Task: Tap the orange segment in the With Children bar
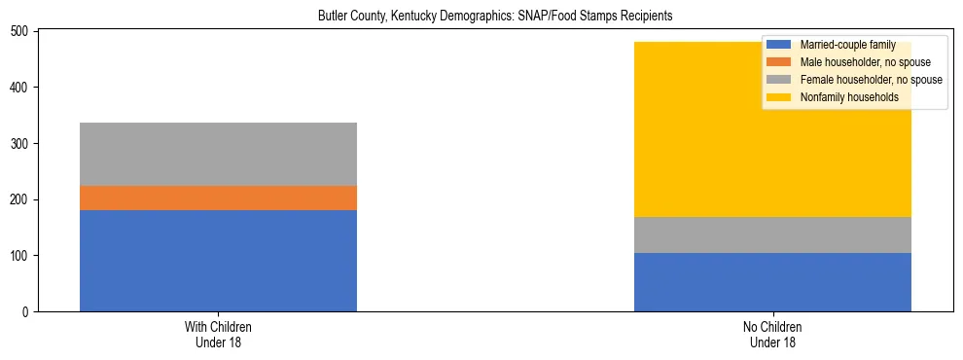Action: click(x=218, y=198)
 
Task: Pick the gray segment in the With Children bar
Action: click(x=218, y=154)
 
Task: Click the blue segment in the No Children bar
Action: click(x=772, y=282)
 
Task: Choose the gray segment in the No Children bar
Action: click(x=772, y=234)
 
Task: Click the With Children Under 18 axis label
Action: click(x=218, y=335)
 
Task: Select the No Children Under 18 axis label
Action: click(x=772, y=335)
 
